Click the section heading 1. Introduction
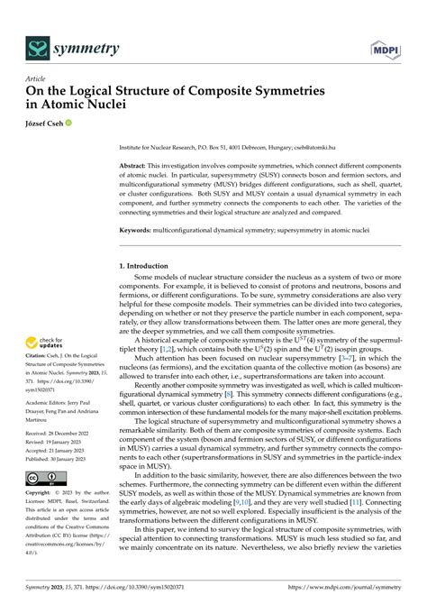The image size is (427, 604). (149, 268)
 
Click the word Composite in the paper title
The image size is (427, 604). (195, 93)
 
